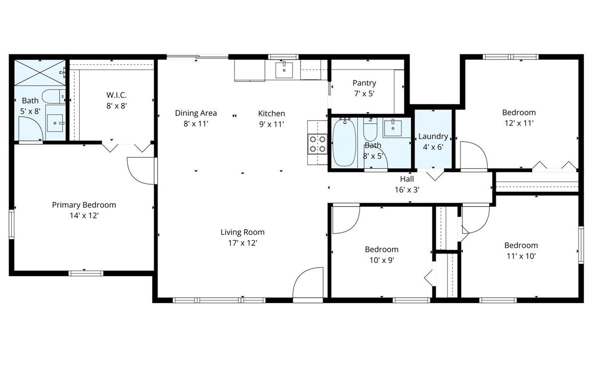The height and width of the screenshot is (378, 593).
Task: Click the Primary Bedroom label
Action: point(84,205)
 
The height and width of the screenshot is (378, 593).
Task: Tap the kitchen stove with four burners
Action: point(317,144)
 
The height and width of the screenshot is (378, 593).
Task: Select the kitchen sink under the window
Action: point(284,70)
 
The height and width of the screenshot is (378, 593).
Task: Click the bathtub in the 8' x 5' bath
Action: point(344,142)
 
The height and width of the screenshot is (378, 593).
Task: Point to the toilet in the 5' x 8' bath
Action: point(52,96)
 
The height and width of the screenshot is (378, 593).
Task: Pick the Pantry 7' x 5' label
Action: point(364,83)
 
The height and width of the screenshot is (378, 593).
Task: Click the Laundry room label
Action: point(433,136)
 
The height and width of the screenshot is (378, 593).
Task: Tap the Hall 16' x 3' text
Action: point(406,179)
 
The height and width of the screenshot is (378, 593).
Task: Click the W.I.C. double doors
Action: point(127,147)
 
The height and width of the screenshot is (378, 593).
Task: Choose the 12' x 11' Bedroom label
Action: point(519,113)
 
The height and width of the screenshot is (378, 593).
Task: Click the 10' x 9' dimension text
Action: point(382,260)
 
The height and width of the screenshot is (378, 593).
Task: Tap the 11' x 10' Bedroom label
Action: point(521,245)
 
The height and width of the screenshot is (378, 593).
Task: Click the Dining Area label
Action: point(196,113)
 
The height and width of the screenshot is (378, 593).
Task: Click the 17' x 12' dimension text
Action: point(242,243)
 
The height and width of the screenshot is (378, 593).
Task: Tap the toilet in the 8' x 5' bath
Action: point(370,130)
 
